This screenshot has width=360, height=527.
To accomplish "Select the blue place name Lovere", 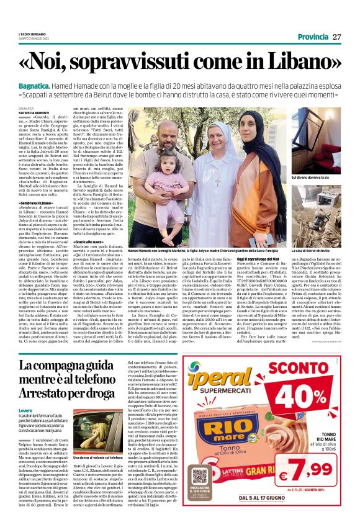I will [25, 410].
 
